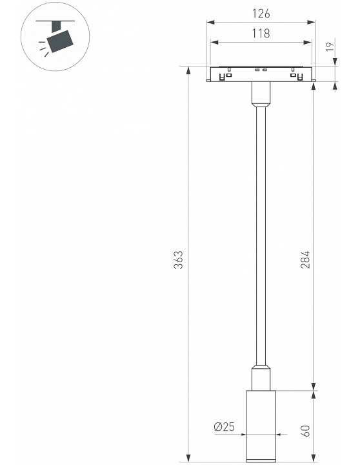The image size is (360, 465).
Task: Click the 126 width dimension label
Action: point(261,14)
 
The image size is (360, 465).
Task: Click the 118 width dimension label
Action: point(261,34)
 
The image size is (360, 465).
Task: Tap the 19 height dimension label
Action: point(330,47)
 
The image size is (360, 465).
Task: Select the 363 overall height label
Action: point(178,260)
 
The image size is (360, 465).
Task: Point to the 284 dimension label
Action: point(305,260)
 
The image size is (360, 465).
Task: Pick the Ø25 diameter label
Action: point(224,427)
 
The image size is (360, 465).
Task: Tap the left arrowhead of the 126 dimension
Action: point(210,22)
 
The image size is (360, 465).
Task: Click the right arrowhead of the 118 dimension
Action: point(308,43)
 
